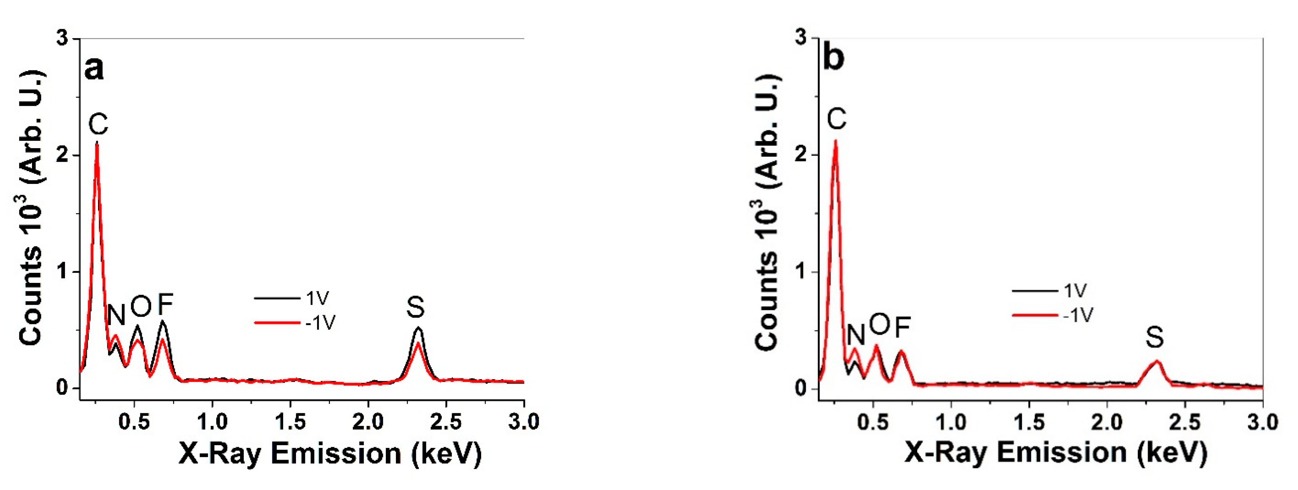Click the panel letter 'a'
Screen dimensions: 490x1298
point(94,69)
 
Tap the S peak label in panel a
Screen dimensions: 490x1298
point(416,307)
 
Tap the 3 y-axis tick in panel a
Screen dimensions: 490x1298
point(63,39)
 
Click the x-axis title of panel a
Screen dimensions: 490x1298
point(330,453)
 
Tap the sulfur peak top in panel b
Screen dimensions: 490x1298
point(1157,361)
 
